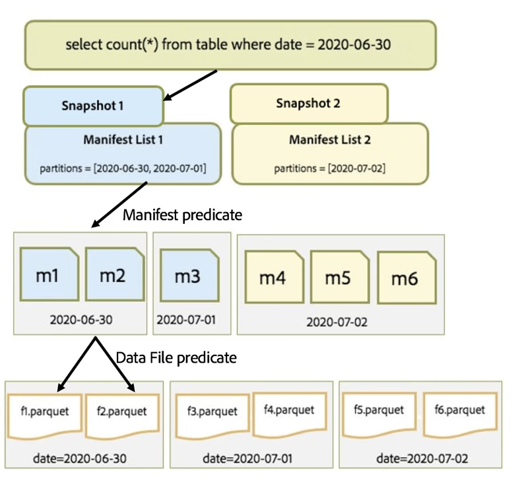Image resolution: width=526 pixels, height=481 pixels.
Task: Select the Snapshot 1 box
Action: [x=93, y=105]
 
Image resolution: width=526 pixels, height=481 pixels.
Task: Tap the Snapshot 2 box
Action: [x=308, y=103]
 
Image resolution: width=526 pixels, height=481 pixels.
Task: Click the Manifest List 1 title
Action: [x=123, y=140]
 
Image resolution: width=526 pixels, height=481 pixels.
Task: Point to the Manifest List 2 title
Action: [x=330, y=140]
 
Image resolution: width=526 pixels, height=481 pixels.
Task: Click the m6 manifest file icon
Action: [x=405, y=279]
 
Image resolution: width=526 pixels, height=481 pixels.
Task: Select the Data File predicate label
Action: [x=176, y=358]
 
